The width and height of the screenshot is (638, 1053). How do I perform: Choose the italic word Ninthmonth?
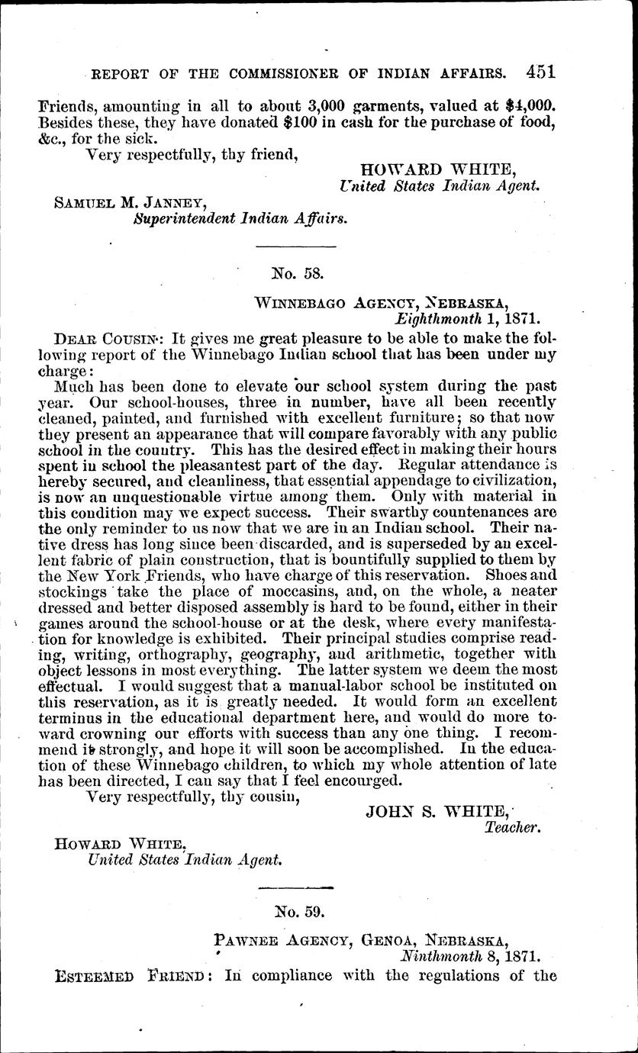click(443, 955)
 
